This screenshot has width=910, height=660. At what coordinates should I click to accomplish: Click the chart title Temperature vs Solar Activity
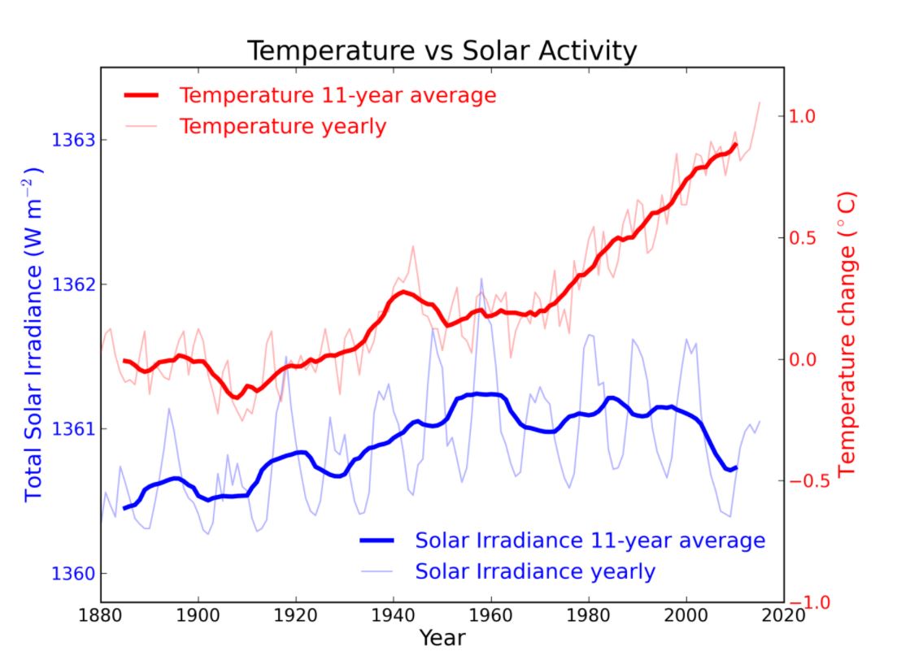click(442, 51)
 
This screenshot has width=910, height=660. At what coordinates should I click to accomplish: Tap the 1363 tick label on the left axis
click(73, 141)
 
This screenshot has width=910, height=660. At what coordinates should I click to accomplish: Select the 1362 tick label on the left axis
click(73, 285)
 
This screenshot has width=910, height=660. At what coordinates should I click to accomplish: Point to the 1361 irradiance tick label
click(73, 429)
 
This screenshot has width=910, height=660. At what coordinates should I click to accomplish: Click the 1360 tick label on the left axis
click(73, 574)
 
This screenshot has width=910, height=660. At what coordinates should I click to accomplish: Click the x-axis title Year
click(442, 638)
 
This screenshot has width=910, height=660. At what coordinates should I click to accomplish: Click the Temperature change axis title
click(847, 334)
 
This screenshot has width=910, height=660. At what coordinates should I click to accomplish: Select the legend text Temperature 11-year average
click(337, 95)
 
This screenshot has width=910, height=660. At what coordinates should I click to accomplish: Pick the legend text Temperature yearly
click(282, 127)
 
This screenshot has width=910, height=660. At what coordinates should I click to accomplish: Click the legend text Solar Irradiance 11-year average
click(590, 541)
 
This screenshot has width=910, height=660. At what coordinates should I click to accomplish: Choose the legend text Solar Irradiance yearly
click(534, 571)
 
